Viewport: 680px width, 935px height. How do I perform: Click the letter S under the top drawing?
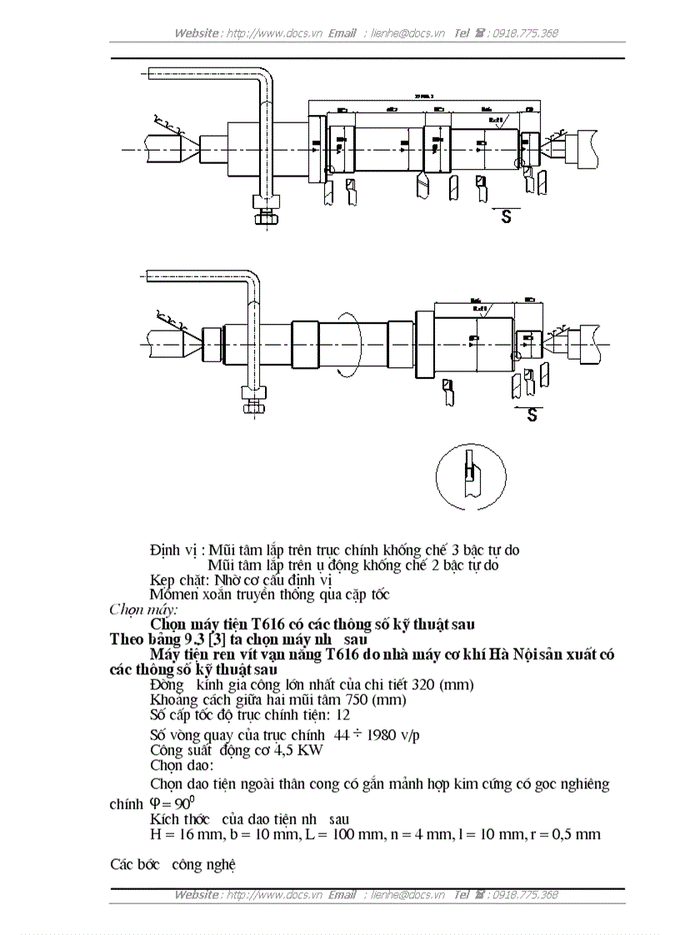click(505, 217)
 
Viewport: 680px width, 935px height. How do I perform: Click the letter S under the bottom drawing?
click(531, 415)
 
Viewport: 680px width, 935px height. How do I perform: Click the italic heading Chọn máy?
click(137, 609)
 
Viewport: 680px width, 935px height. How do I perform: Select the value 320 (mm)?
click(441, 684)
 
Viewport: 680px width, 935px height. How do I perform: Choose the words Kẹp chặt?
click(179, 579)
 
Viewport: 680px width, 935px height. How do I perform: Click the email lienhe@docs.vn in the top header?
click(406, 33)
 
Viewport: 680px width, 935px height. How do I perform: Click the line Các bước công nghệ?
click(173, 865)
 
